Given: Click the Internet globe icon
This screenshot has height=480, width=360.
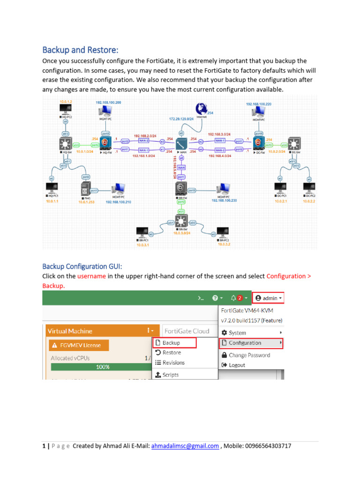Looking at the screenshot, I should pos(202,107).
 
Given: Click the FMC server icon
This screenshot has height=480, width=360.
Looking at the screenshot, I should pos(84,190).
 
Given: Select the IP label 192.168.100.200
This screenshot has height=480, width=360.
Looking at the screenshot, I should pos(108,102).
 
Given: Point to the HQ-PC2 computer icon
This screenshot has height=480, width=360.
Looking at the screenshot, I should pos(65,111).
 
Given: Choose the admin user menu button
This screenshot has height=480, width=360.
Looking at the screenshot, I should pos(268,298).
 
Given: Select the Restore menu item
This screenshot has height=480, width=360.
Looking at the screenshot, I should pos(172,352).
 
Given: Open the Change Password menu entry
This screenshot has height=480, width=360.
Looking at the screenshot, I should pos(249,355).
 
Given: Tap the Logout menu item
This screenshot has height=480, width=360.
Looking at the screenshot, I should pos(237,365).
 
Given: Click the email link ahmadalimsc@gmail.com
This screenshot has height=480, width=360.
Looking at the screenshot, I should pos(185,446).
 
